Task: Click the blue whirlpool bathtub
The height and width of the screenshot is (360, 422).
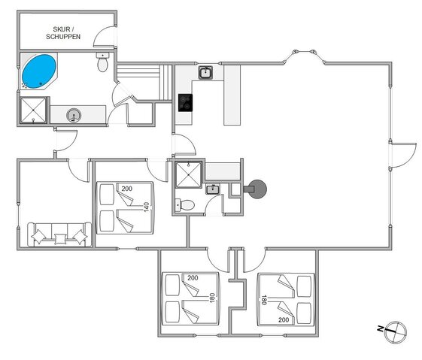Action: (x=39, y=71)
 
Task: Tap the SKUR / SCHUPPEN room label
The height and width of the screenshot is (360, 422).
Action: (x=63, y=33)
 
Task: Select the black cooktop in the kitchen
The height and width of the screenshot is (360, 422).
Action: (x=186, y=103)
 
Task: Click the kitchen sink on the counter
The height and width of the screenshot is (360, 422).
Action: (x=206, y=73)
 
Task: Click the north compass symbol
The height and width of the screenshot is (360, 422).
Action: (x=396, y=331)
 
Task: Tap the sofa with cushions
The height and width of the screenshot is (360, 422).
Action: (x=59, y=234)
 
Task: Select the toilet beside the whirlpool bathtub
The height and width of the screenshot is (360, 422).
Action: (x=102, y=62)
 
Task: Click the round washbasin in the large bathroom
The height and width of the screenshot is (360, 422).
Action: (x=74, y=115)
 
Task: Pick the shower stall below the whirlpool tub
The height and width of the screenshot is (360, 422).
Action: (x=33, y=110)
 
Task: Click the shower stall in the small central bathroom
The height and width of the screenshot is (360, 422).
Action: (x=188, y=175)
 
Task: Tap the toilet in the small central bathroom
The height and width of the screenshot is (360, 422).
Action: (x=185, y=205)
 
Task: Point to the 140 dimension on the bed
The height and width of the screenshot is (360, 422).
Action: (x=147, y=207)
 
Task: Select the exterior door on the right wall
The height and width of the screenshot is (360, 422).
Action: (x=404, y=155)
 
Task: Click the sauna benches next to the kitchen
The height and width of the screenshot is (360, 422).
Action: (x=144, y=82)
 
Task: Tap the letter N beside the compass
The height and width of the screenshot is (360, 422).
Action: (x=381, y=328)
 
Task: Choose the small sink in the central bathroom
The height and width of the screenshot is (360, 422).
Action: (x=213, y=189)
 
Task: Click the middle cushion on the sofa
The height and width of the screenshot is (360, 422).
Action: (x=60, y=239)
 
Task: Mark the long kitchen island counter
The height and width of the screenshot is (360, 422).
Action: (x=232, y=95)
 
